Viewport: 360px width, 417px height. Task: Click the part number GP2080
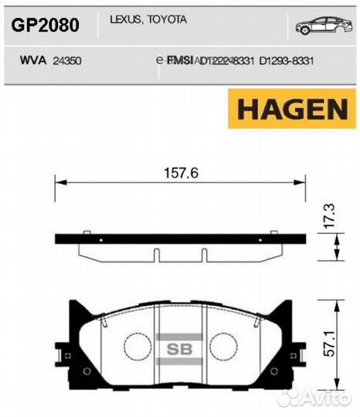click(x=44, y=25)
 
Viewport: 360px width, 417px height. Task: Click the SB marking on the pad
click(x=178, y=347)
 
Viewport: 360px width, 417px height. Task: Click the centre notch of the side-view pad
click(x=179, y=255)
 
